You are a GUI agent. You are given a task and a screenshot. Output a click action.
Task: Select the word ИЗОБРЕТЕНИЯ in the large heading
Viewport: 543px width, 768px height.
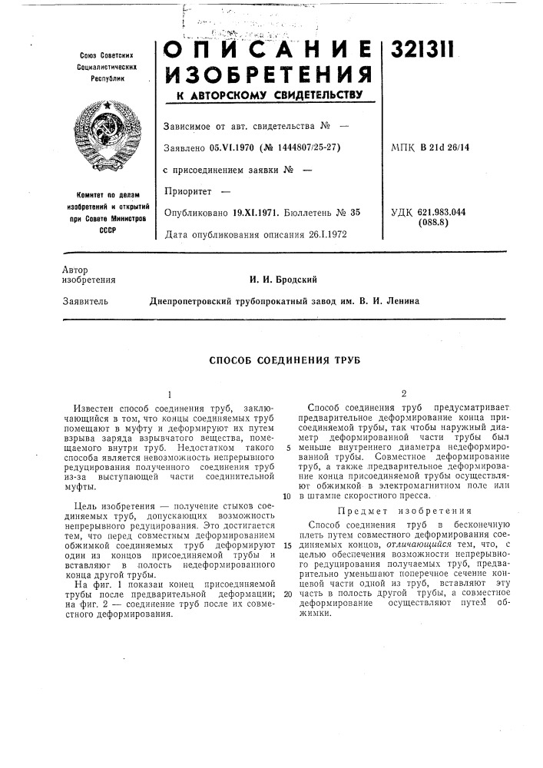270,76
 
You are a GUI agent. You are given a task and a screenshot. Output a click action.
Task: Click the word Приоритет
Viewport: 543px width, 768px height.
187,190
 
